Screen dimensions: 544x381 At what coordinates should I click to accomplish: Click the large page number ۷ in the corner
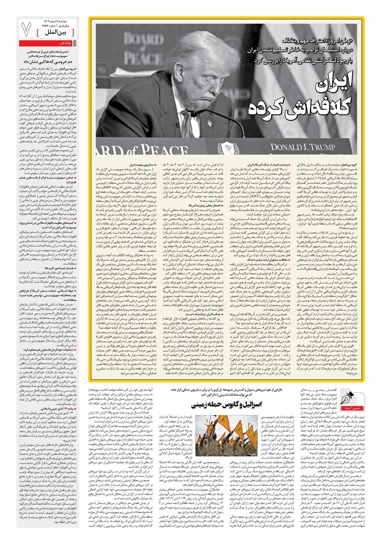(27, 28)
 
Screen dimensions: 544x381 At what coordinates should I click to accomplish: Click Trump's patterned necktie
(187, 123)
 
